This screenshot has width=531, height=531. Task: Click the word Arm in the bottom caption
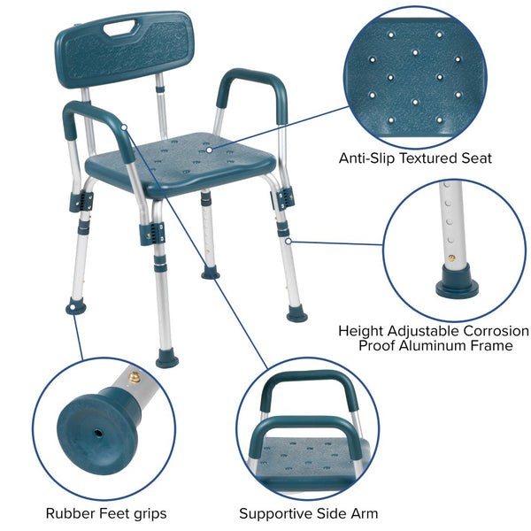(365, 512)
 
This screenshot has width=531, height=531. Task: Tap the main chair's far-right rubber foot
(297, 314)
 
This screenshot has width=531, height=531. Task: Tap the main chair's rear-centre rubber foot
(210, 273)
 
